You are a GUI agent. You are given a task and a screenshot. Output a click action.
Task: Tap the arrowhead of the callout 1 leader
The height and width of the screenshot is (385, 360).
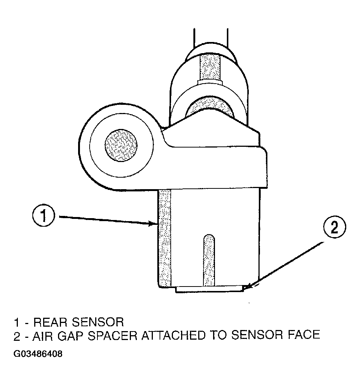(x=153, y=223)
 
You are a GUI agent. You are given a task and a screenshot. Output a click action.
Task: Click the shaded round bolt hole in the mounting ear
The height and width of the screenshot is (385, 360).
(x=121, y=145)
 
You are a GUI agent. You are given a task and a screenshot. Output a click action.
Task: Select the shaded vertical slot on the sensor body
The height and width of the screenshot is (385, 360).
(x=209, y=260)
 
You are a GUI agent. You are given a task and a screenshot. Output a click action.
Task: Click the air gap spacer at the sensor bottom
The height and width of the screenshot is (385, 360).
(x=209, y=289)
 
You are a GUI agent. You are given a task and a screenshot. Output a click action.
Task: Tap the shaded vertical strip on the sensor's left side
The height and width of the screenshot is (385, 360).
(x=165, y=238)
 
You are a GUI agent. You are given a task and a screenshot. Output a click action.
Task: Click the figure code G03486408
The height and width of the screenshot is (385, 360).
(x=38, y=354)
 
